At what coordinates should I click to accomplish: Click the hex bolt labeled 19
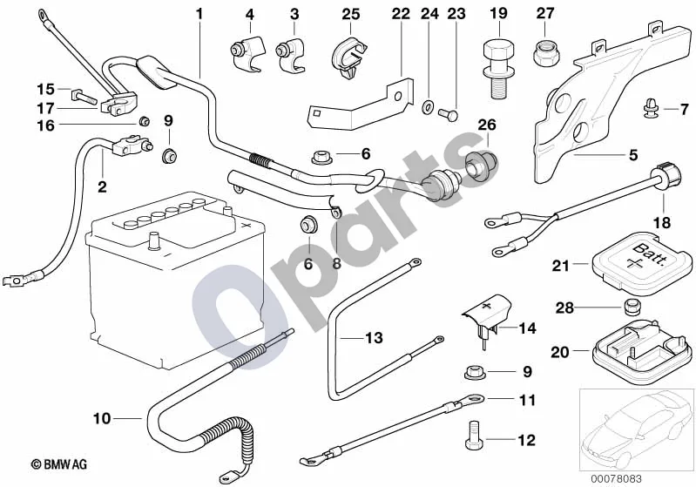pyautogui.click(x=498, y=68)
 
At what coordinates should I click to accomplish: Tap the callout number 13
pyautogui.click(x=374, y=338)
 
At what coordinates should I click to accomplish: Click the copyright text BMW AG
pyautogui.click(x=59, y=464)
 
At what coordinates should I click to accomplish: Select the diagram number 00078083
pyautogui.click(x=616, y=478)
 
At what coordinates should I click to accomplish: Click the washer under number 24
pyautogui.click(x=429, y=106)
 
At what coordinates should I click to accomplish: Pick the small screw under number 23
pyautogui.click(x=448, y=115)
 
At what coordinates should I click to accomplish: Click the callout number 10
pyautogui.click(x=102, y=418)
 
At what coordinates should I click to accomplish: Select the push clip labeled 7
pyautogui.click(x=650, y=110)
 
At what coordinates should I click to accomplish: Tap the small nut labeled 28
pyautogui.click(x=632, y=307)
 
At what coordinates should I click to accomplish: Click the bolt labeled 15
pyautogui.click(x=83, y=95)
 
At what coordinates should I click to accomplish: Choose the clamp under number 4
pyautogui.click(x=247, y=54)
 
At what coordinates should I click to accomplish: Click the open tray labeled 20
pyautogui.click(x=642, y=349)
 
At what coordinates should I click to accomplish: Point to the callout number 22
pyautogui.click(x=401, y=14)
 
